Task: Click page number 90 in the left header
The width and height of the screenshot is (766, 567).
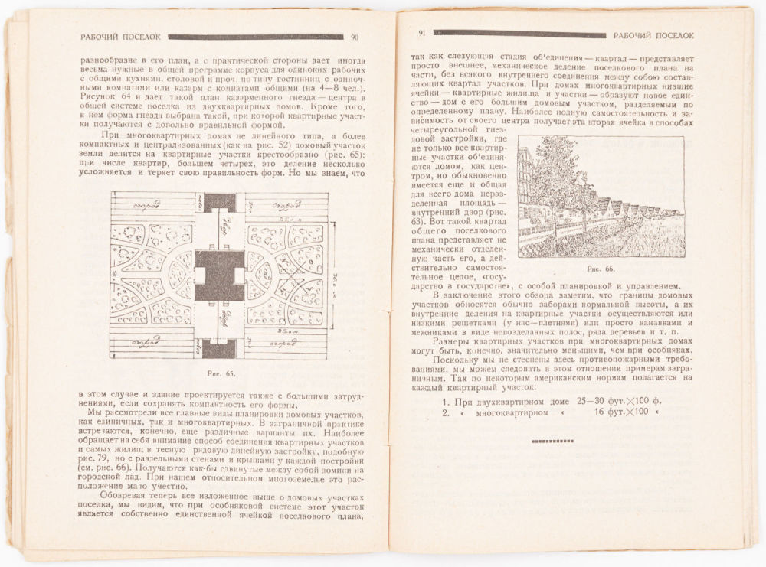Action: pos(355,37)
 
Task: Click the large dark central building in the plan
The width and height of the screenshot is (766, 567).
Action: pos(219,275)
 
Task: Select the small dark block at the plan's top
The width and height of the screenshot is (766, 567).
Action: pos(220,203)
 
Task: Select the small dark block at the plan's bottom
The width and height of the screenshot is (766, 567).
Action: pos(220,350)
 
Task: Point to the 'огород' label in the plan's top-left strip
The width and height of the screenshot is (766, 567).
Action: pos(146,204)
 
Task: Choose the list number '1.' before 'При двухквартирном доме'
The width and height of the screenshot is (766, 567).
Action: pos(445,401)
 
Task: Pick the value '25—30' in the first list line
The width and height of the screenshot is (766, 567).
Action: pos(591,401)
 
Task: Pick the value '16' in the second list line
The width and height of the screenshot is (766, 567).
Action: pos(599,412)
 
